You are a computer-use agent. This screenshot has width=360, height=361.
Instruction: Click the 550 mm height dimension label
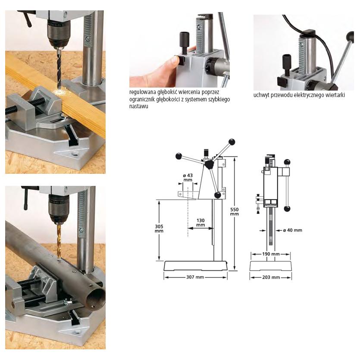click(x=234, y=212)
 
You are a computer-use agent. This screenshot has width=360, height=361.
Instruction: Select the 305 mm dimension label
click(x=159, y=229)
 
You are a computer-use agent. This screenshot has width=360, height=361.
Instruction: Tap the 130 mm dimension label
click(x=200, y=223)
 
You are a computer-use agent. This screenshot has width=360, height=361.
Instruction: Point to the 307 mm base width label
click(x=195, y=277)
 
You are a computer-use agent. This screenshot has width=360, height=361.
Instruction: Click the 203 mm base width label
click(x=271, y=277)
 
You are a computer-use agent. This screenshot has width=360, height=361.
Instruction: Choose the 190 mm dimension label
click(x=271, y=254)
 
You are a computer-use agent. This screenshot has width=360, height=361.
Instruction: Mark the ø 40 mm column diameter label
click(x=293, y=230)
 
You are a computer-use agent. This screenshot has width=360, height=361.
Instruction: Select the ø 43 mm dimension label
click(x=188, y=178)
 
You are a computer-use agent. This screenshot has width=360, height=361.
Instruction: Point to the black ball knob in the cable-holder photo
click(x=350, y=36)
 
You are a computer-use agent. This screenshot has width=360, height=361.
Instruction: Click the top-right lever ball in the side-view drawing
click(x=232, y=142)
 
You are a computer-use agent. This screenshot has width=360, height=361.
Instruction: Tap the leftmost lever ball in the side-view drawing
click(x=178, y=156)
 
